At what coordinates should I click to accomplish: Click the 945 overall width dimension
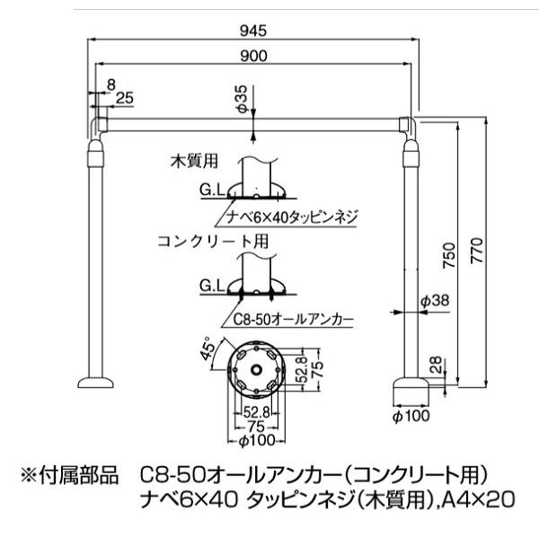[254, 31]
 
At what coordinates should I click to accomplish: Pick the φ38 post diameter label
[435, 302]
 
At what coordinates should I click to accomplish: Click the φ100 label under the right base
[412, 415]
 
